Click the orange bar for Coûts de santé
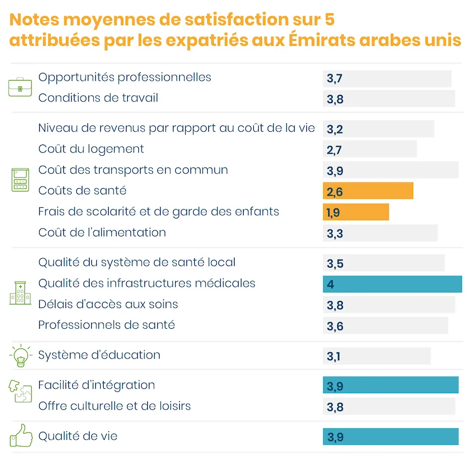368,191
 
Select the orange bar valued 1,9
356,212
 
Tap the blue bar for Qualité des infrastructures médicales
392,284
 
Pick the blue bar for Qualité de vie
390,437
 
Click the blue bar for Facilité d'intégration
390,385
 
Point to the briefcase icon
20,88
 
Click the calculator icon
20,180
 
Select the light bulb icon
21,356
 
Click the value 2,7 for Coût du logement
334,150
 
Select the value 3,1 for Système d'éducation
334,356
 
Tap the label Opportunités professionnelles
124,77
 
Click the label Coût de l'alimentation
102,232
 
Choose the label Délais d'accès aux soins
108,305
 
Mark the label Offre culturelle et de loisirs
114,406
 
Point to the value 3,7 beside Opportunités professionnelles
334,79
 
